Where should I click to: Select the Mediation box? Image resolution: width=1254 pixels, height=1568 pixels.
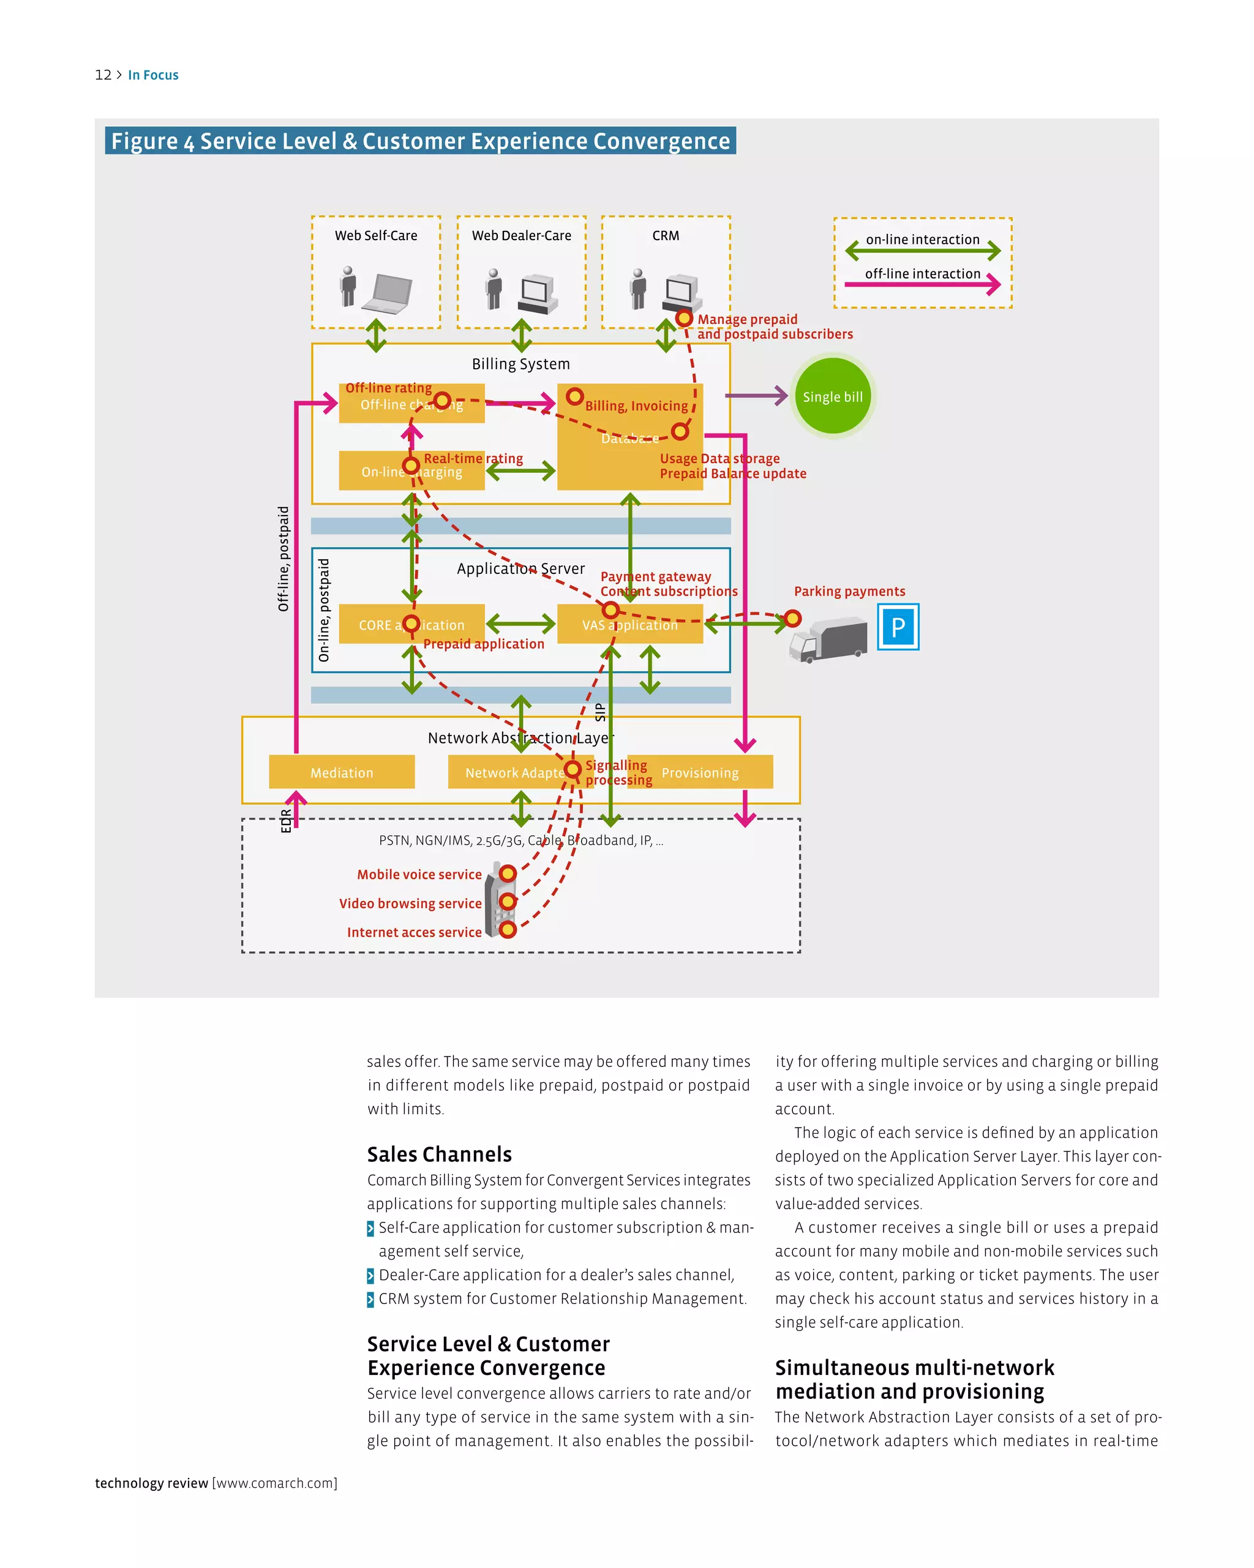pyautogui.click(x=342, y=772)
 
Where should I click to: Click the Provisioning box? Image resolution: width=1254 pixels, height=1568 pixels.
pyautogui.click(x=700, y=772)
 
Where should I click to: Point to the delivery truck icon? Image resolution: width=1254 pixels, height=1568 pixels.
pyautogui.click(x=828, y=640)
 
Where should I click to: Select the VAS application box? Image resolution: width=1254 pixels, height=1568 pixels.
pyautogui.click(x=629, y=625)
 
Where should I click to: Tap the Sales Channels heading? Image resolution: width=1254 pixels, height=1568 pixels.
pyautogui.click(x=439, y=1154)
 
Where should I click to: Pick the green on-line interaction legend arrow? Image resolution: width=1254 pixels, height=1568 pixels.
pyautogui.click(x=923, y=252)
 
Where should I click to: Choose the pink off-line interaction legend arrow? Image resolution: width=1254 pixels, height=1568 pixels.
pyautogui.click(x=923, y=285)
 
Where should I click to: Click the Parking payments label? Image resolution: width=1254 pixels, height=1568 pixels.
pyautogui.click(x=849, y=591)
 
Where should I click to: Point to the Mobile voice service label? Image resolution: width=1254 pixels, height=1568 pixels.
pyautogui.click(x=419, y=874)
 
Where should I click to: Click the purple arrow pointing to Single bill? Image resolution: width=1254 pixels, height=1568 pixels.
pyautogui.click(x=757, y=396)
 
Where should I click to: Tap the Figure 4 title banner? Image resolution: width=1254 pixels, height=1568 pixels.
pyautogui.click(x=420, y=141)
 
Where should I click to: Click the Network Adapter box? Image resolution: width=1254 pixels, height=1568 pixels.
pyautogui.click(x=513, y=772)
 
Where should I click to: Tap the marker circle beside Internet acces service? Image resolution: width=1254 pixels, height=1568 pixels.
pyautogui.click(x=508, y=929)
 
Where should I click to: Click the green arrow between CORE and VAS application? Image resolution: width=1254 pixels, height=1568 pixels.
pyautogui.click(x=520, y=624)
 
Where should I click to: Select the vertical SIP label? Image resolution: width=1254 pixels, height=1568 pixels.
pyautogui.click(x=599, y=712)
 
